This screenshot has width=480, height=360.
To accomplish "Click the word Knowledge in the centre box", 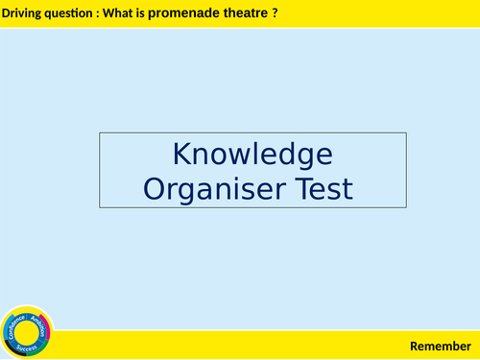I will pos(252,155).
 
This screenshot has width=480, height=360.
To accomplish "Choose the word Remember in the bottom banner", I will pos(441,346).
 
